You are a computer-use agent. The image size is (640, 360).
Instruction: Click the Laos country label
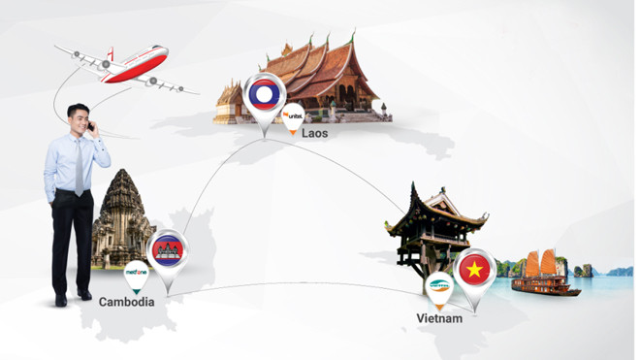point(315,132)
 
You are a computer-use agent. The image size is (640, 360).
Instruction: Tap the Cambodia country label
point(126,302)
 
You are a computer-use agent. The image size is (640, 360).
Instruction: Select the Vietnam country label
point(439,317)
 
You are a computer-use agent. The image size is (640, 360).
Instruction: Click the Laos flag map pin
point(263,98)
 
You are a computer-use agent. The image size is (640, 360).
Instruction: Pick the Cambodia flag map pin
point(168,254)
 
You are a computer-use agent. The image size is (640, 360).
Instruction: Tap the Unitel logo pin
point(293,118)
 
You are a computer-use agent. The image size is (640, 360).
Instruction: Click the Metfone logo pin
point(136,275)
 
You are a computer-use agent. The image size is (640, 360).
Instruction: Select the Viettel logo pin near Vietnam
point(439,288)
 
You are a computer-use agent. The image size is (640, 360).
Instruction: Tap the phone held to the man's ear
point(90,126)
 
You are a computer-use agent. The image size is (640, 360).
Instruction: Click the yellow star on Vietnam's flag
point(474,270)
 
